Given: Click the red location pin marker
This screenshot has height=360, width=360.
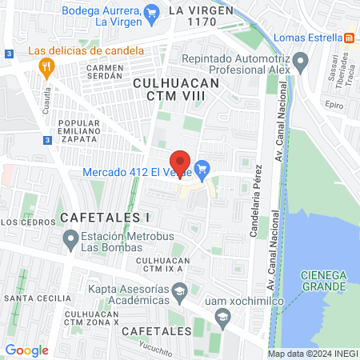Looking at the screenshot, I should click(180, 162).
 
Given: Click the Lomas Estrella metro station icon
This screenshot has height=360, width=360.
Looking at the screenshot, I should click(350, 38).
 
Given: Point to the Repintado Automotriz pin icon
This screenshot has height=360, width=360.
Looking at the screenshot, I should click(302, 60).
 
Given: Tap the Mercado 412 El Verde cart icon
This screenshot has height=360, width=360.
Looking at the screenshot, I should click(202, 169).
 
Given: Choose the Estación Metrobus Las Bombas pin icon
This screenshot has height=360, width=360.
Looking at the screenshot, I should click(71, 238).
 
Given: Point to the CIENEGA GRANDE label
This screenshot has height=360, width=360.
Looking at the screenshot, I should click(323, 281).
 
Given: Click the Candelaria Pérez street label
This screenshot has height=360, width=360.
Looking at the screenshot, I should click(258, 198).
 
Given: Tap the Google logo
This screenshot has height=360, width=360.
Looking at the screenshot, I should click(26, 350).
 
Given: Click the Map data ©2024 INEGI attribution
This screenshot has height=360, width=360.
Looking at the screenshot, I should click(312, 354).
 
